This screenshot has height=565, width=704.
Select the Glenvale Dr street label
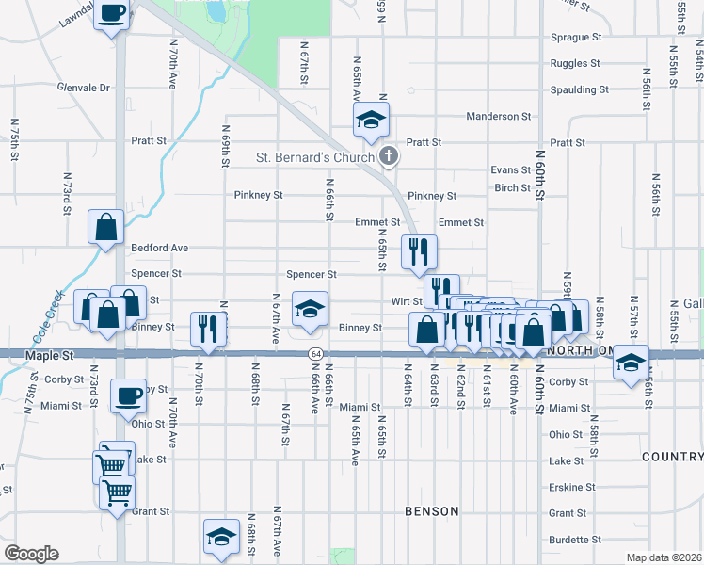(83, 88)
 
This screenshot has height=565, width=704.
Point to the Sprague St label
(577, 38)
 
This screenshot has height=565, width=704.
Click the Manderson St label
(499, 117)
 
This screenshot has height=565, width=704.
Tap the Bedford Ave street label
(160, 248)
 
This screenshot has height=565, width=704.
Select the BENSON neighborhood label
(431, 511)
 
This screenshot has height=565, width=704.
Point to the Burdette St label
(574, 540)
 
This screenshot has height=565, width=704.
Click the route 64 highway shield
(314, 353)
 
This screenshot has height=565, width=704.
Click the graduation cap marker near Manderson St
(371, 120)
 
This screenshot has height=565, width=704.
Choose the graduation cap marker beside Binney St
(308, 308)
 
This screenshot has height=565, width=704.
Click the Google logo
(31, 554)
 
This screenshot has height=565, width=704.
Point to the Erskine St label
(568, 488)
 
